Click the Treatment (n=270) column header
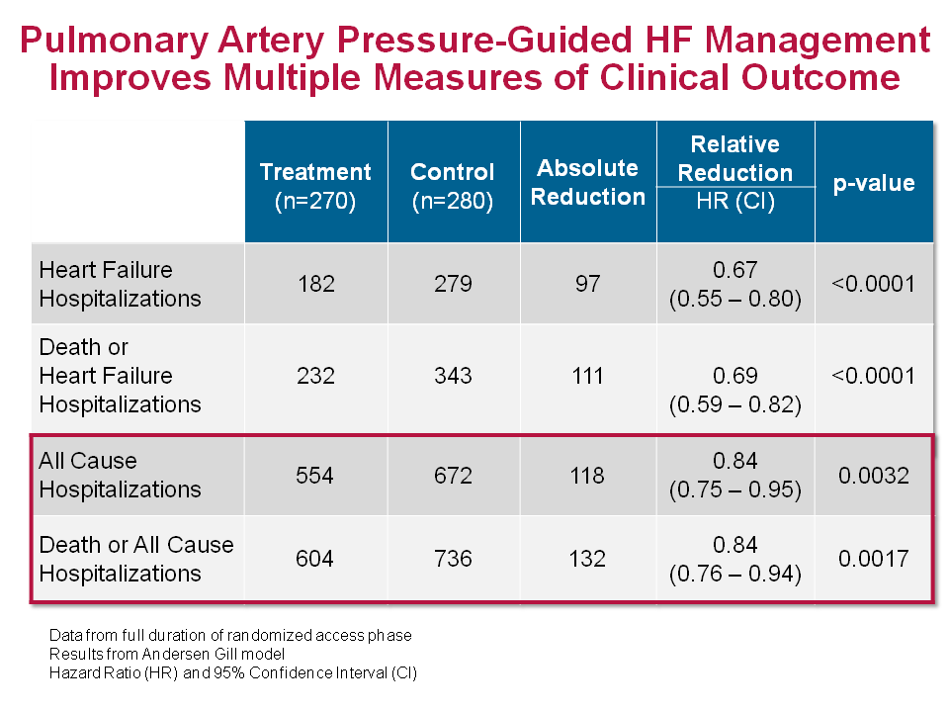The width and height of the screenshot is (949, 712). tap(315, 186)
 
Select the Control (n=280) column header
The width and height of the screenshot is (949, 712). tap(453, 186)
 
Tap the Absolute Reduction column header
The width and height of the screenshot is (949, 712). tap(587, 182)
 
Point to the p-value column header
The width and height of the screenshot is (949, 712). tap(874, 183)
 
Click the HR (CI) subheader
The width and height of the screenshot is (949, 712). tap(734, 202)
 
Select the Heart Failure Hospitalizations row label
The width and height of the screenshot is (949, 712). tap(120, 284)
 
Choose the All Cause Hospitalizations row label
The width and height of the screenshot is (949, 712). tap(120, 475)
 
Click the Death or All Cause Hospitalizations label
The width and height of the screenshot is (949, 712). tap(136, 559)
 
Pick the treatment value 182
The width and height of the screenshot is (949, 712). tap(315, 285)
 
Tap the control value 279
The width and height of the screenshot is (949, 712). tap(453, 285)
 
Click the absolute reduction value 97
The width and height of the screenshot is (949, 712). tap(587, 285)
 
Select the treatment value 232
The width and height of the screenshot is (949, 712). tap(315, 376)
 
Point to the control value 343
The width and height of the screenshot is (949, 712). tap(453, 376)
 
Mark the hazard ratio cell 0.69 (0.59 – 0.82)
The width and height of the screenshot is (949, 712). tap(734, 390)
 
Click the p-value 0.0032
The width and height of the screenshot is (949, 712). tap(874, 476)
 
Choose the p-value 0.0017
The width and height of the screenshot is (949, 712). tap(874, 560)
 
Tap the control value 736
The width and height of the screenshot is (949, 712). tap(453, 560)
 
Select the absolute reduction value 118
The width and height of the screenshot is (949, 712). tap(587, 476)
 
